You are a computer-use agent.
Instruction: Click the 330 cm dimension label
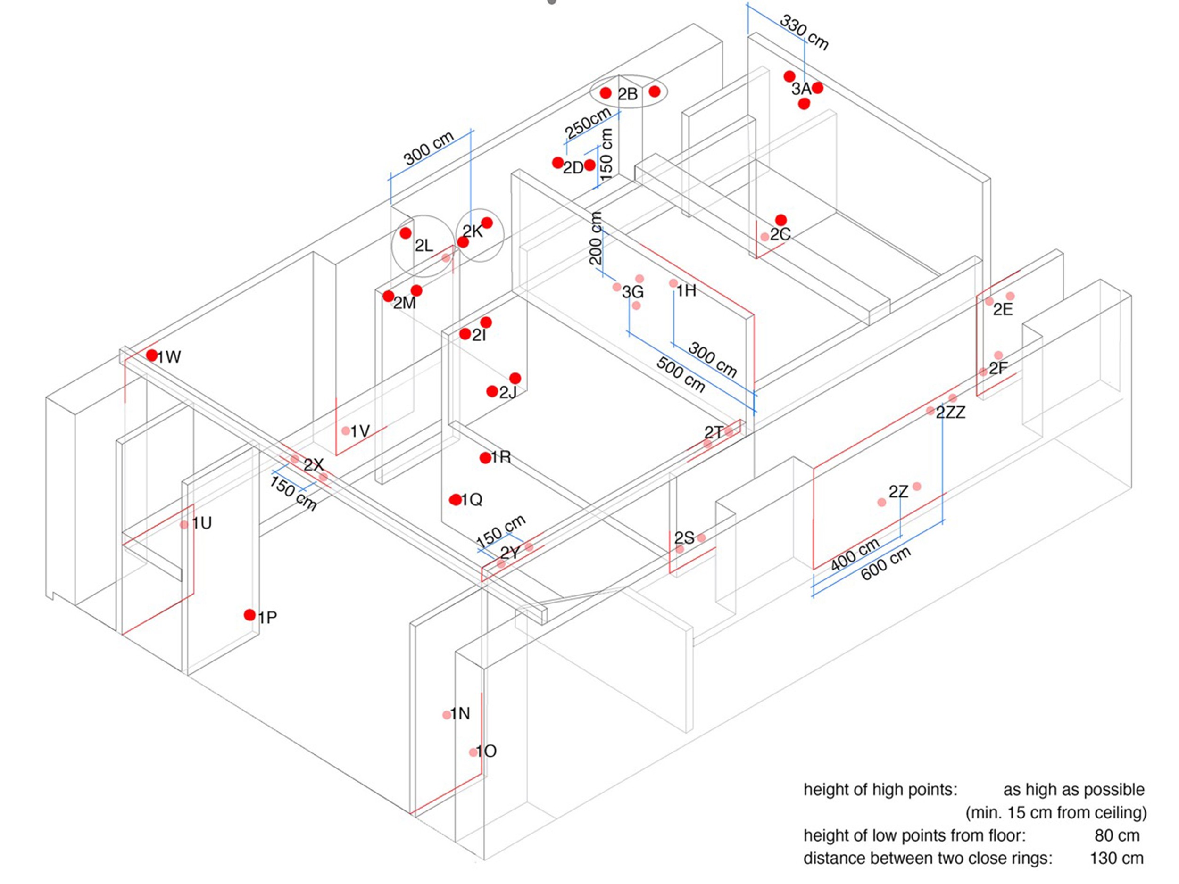[x=804, y=33]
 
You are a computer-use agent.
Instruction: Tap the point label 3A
[x=801, y=89]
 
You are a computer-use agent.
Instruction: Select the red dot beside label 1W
[x=152, y=355]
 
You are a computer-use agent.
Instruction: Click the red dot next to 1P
[x=249, y=615]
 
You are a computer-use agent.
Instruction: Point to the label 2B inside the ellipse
[x=627, y=94]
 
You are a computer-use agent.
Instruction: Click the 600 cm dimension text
[x=886, y=563]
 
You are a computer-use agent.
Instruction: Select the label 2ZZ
[x=950, y=413]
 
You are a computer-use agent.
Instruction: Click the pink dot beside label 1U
[x=184, y=524]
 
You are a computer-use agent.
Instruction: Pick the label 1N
[x=460, y=713]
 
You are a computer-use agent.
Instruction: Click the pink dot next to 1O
[x=473, y=752]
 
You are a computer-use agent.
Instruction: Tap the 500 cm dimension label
[x=681, y=375]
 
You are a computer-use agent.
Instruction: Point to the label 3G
[x=633, y=292]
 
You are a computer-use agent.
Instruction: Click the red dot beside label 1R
[x=485, y=458]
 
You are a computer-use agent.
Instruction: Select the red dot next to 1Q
[x=455, y=500]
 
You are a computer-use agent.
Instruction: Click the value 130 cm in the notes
[x=1117, y=859]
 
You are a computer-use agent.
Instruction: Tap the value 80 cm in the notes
[x=1117, y=835]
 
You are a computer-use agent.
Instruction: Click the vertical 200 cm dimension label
[x=596, y=238]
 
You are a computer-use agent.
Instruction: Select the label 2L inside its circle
[x=424, y=246]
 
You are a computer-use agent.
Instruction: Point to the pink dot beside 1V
[x=346, y=430]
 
